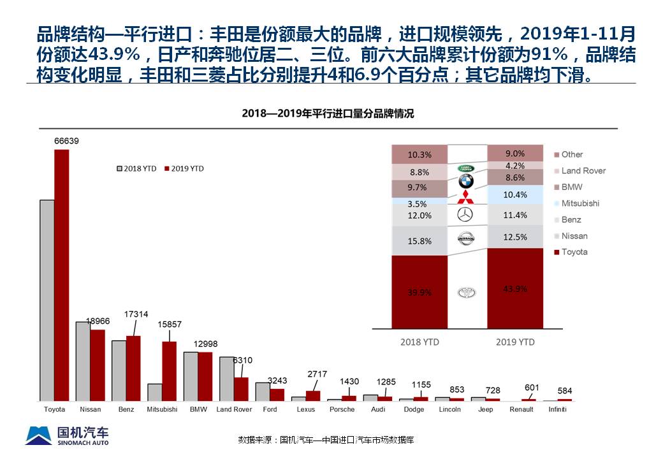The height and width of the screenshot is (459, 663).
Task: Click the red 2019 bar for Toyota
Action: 61,274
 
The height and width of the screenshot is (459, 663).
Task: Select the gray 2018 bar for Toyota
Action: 47,300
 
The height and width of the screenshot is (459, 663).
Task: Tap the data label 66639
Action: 66,141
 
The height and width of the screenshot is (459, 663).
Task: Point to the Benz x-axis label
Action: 126,409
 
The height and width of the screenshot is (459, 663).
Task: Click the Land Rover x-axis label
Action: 234,409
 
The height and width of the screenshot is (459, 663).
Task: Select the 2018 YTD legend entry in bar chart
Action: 136,168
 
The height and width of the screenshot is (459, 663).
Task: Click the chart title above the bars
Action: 328,114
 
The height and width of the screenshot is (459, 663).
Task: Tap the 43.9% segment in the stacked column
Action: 515,289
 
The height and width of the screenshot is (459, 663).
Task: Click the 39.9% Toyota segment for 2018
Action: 419,292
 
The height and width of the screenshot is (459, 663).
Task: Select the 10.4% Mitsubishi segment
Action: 515,195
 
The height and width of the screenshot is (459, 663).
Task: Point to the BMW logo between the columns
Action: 466,182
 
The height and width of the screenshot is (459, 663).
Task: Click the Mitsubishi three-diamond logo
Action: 466,197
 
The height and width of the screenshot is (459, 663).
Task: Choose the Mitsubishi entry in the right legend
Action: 579,203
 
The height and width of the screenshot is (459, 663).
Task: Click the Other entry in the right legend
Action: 571,154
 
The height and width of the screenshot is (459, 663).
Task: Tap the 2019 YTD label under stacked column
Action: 515,342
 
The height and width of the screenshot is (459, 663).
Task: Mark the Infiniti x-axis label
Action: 557,409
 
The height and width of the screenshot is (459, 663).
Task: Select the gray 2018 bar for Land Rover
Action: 226,378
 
